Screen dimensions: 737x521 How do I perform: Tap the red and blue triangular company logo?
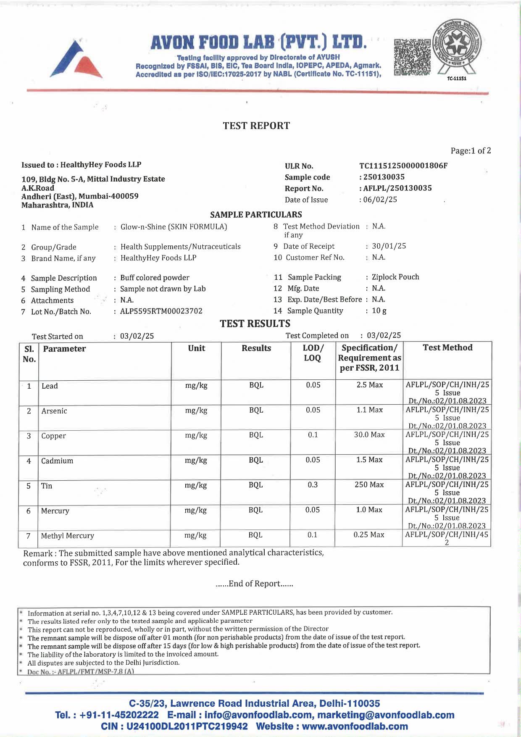[76, 59]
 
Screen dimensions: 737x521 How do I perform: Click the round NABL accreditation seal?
[457, 47]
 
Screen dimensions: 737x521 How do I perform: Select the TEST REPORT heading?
[256, 126]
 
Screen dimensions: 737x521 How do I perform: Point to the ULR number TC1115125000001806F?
[403, 166]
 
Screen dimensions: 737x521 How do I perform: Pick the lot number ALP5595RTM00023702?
[161, 311]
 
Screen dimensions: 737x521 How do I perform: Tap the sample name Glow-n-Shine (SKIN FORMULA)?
[174, 227]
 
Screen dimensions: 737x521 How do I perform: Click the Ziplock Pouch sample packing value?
[395, 277]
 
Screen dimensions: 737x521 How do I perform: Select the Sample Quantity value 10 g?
[379, 311]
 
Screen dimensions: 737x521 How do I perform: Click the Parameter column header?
[64, 349]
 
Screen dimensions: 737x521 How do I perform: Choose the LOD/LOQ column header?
[313, 353]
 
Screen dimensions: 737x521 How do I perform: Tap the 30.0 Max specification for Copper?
[369, 435]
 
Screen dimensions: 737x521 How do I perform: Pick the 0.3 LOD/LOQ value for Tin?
[313, 485]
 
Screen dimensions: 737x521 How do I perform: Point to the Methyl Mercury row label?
[68, 536]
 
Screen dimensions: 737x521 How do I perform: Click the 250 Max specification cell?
[369, 485]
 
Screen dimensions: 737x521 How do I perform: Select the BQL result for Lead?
[256, 385]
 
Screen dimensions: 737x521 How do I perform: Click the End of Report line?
[254, 584]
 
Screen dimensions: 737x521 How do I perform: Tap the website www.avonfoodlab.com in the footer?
[355, 726]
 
